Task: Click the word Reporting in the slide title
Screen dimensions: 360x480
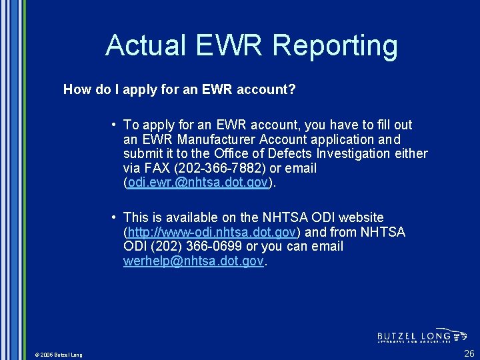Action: pyautogui.click(x=335, y=46)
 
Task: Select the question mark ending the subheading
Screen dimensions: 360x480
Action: pyautogui.click(x=292, y=89)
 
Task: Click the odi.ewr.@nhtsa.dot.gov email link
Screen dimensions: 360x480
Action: pyautogui.click(x=197, y=183)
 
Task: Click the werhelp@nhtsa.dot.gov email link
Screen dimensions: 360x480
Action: pyautogui.click(x=193, y=261)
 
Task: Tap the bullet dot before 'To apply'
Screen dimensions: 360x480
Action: pyautogui.click(x=115, y=125)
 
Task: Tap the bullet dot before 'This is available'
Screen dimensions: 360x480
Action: pyautogui.click(x=115, y=217)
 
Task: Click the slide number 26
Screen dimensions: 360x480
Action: pyautogui.click(x=469, y=353)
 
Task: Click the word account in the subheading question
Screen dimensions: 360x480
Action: pyautogui.click(x=261, y=89)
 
